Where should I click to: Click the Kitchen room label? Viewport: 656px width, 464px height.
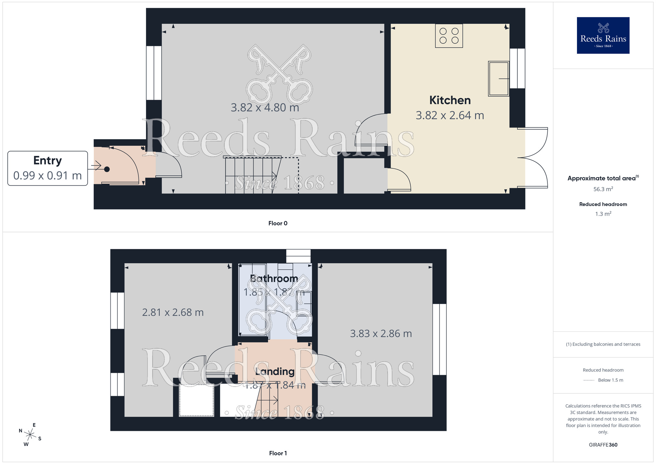coord(450,100)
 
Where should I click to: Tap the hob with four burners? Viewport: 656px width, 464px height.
coord(449,36)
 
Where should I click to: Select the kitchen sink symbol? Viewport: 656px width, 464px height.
coord(498,79)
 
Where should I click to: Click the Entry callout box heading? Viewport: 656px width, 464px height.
coord(48,160)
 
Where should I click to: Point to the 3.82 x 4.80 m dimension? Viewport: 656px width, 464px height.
coord(265,108)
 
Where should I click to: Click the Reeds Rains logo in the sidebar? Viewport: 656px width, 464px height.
coord(603,35)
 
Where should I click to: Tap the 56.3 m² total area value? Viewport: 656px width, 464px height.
coord(603,189)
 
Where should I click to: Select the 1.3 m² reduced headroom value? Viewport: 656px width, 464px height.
coord(603,214)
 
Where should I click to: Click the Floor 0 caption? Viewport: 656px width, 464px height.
coord(278,223)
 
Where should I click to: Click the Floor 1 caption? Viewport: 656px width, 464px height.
coord(278,453)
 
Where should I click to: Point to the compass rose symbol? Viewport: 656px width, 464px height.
coord(30,435)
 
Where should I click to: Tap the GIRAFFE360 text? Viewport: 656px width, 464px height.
coord(603,445)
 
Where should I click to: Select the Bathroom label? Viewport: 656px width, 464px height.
coord(274,279)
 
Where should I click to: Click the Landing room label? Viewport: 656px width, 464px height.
coord(275,371)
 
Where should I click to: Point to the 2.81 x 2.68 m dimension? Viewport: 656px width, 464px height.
coord(173,312)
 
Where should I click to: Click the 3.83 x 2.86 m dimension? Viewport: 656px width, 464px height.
coord(381,334)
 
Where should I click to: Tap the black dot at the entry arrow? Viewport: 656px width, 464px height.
coord(107,169)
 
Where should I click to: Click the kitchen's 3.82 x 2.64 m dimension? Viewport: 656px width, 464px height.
coord(450,116)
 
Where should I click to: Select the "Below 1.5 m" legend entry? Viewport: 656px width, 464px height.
coord(610,380)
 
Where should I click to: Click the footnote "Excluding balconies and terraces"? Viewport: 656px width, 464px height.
coord(603,344)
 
